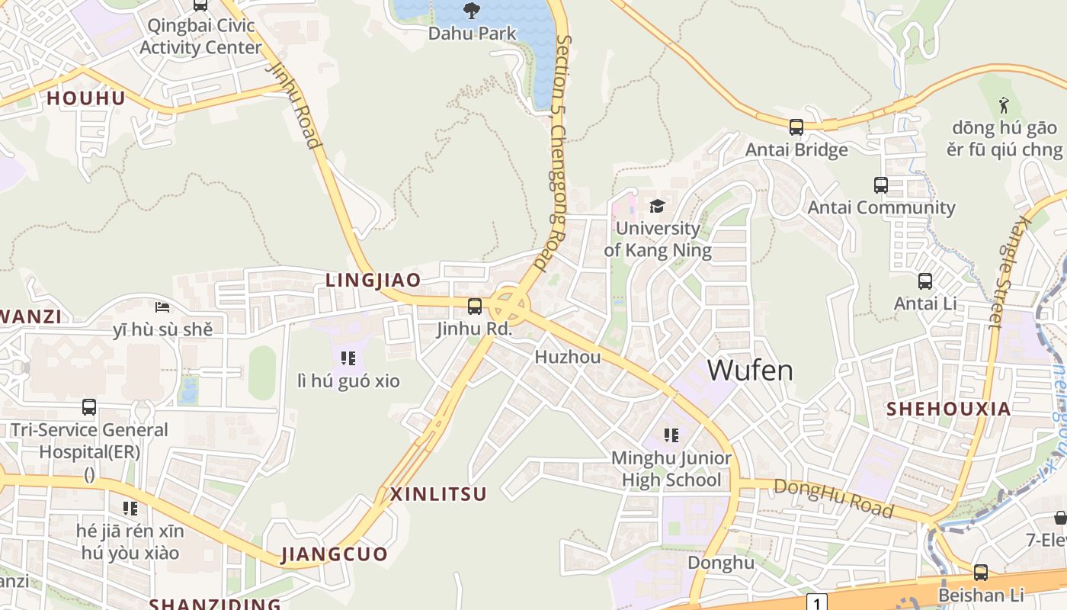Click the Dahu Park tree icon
click(472, 10)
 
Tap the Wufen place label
click(750, 371)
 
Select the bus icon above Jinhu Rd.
click(474, 307)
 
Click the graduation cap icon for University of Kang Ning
click(657, 206)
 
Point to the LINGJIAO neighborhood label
click(373, 280)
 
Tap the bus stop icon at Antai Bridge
click(796, 127)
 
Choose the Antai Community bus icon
click(880, 185)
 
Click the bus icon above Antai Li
click(925, 281)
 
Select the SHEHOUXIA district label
click(948, 409)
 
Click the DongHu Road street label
click(833, 498)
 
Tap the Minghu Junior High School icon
click(671, 435)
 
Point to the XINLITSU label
click(438, 494)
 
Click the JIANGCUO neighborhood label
click(334, 554)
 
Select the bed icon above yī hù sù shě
click(162, 307)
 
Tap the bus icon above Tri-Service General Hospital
click(89, 407)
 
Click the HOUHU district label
click(86, 98)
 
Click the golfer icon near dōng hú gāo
click(1005, 104)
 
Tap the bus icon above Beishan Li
click(981, 572)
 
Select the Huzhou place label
click(568, 357)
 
